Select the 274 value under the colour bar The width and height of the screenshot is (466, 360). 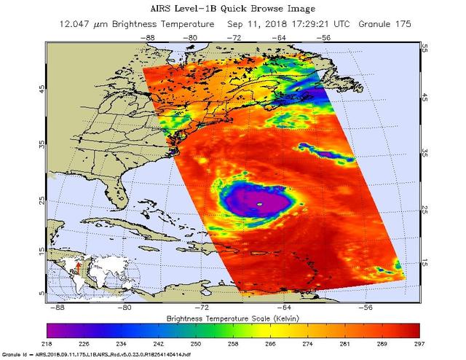[x=305, y=342]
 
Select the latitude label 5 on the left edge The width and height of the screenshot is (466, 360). [x=41, y=291]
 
